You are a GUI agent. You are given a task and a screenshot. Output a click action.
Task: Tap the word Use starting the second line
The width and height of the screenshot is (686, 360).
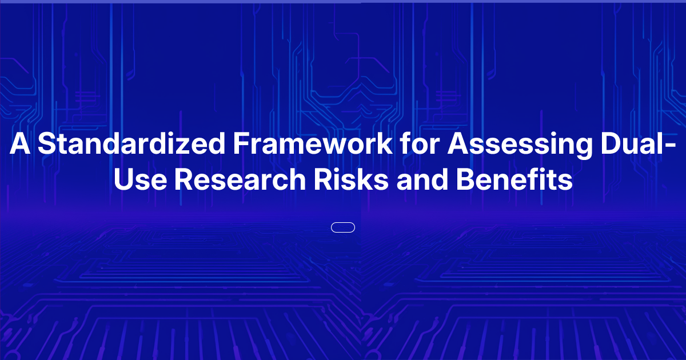click(140, 180)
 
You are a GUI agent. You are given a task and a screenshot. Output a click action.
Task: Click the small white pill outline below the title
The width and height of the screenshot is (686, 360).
click(343, 227)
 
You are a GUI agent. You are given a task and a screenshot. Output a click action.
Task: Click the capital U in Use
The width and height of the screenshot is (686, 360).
click(124, 180)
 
